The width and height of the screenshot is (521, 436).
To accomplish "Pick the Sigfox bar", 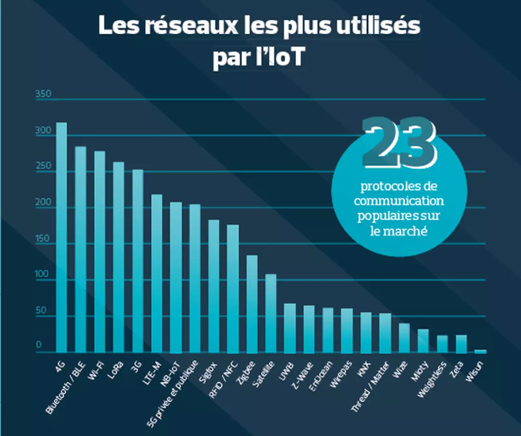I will (x=213, y=286).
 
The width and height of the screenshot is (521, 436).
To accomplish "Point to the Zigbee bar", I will (x=252, y=304).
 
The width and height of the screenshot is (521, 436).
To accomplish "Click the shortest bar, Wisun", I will (x=481, y=351).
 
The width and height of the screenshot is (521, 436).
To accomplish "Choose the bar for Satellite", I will (x=271, y=313).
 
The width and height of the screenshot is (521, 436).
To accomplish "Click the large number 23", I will (x=399, y=140).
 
